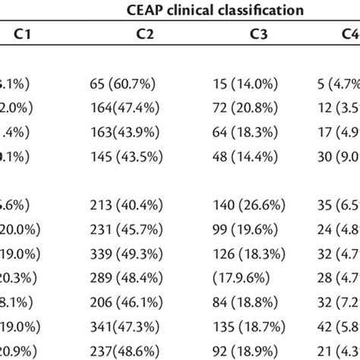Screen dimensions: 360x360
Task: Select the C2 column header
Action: (x=139, y=34)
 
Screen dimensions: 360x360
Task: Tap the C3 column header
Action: (x=258, y=34)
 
